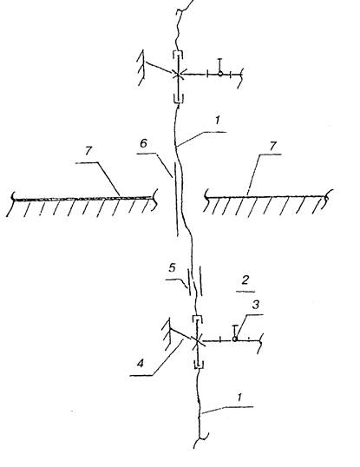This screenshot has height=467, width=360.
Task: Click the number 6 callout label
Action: (143, 143)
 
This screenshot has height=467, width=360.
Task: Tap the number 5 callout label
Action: (172, 268)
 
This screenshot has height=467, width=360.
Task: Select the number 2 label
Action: (245, 280)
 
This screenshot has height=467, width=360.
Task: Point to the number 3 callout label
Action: (256, 305)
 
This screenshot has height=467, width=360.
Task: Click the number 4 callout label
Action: (141, 364)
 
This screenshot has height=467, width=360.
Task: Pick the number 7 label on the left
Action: (88, 151)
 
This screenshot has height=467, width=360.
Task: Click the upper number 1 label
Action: (218, 120)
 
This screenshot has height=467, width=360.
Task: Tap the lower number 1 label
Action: (239, 398)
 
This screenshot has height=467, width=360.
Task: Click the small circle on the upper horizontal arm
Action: (219, 73)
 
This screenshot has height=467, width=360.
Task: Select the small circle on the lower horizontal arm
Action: (234, 339)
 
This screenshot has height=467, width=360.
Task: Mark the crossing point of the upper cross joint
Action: (178, 74)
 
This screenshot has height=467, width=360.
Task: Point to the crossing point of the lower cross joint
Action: (197, 339)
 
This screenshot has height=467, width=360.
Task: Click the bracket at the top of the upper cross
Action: (178, 53)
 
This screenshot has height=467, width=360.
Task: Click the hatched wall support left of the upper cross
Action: (141, 68)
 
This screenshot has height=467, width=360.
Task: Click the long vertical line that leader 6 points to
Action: (177, 200)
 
